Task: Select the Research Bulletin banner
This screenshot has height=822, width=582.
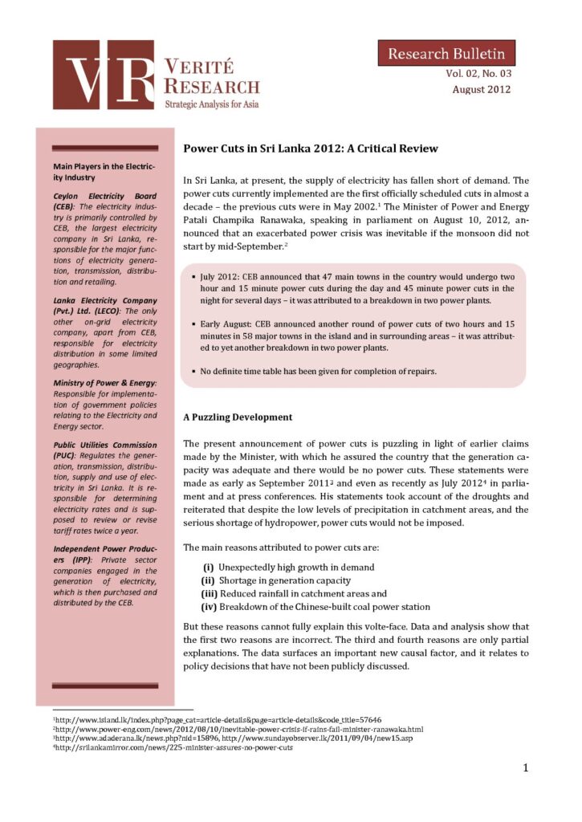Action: (447, 54)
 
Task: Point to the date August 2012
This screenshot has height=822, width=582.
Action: (481, 89)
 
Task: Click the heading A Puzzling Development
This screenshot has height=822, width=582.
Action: (238, 417)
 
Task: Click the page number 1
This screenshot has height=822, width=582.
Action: (525, 768)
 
